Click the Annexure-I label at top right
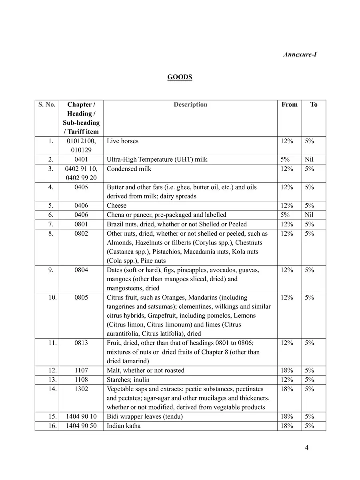pos(300,54)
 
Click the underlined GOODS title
pos(180,77)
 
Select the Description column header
pos(190,105)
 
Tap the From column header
pos(289,105)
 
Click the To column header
pos(314,105)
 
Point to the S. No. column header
pos(47,105)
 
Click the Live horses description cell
pos(123,141)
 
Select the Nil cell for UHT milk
pos(309,160)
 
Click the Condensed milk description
pos(129,169)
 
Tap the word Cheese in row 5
pos(116,206)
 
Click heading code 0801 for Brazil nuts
pos(81,224)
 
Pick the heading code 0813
pos(81,343)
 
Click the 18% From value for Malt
pos(287,370)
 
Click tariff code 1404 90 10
pos(81,416)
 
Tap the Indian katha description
pos(124,426)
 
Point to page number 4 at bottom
pos(306,448)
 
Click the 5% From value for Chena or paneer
pos(285,215)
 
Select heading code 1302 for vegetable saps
pos(81,389)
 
